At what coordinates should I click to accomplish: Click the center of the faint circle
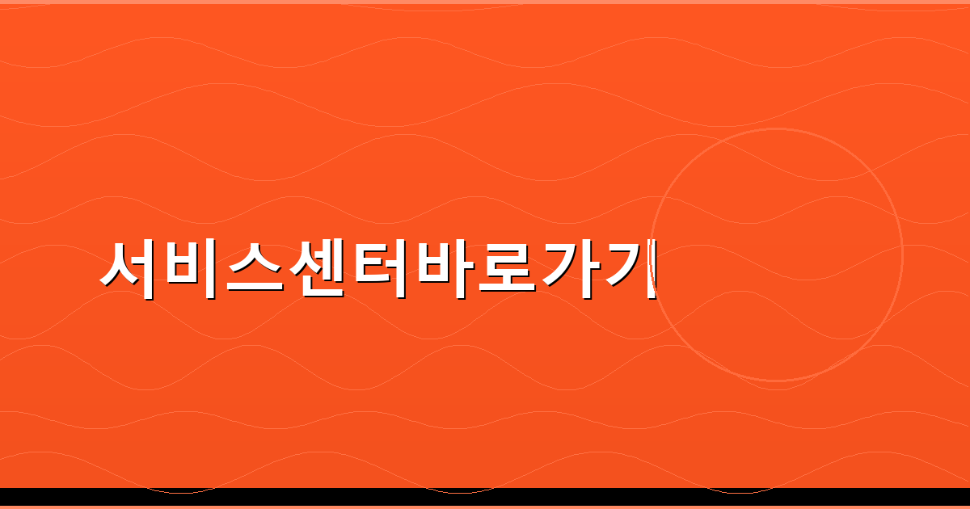[776, 254]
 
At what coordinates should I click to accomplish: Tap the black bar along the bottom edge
[485, 496]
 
